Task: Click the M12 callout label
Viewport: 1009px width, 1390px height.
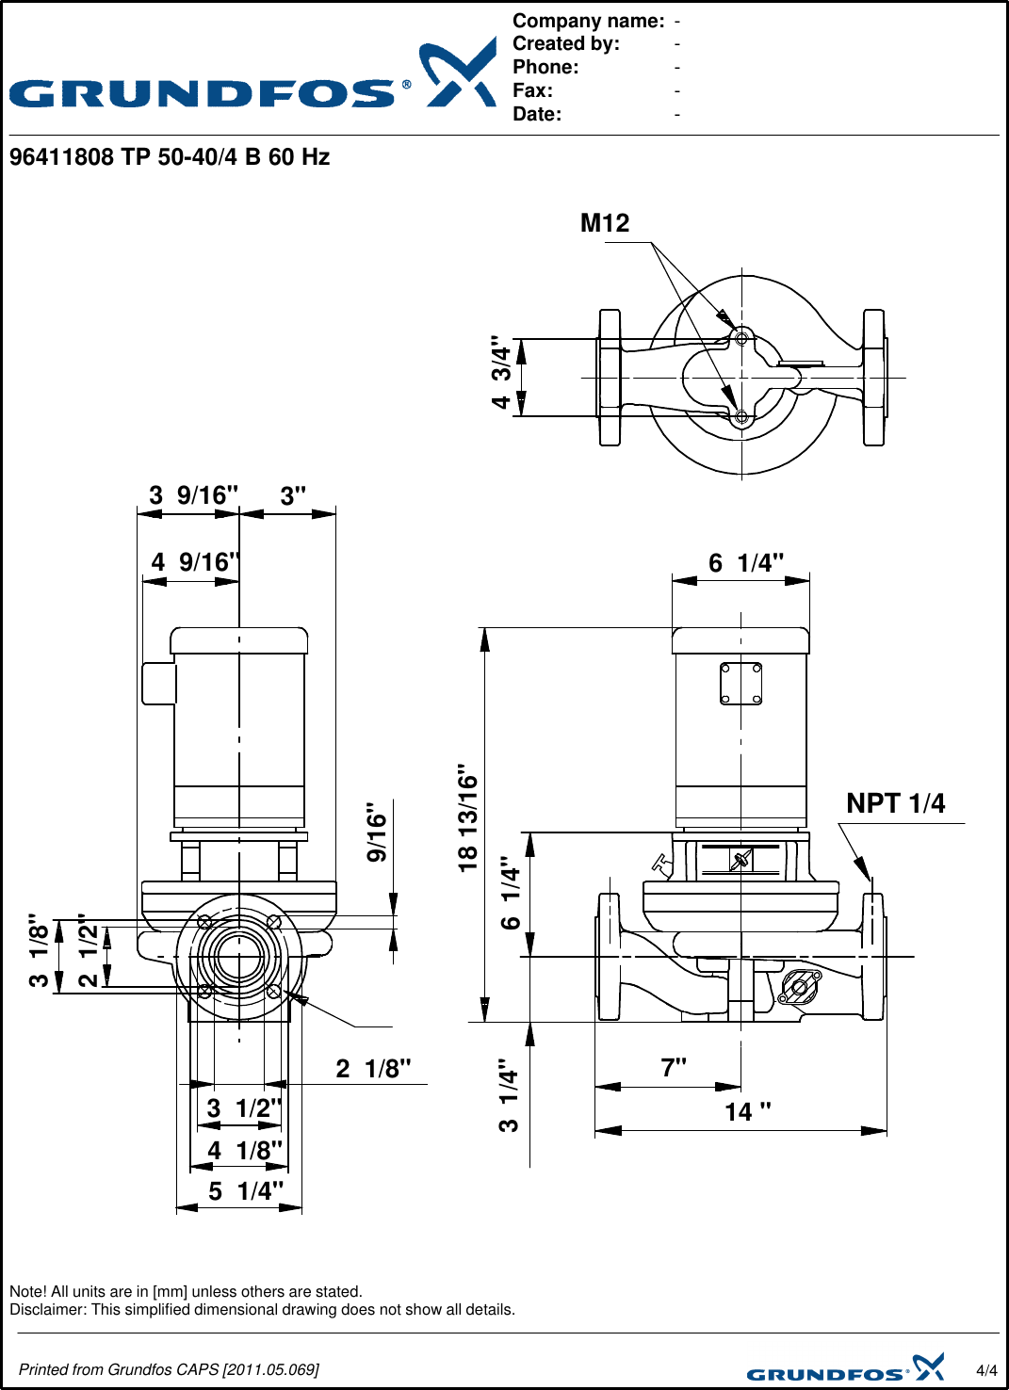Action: point(604,223)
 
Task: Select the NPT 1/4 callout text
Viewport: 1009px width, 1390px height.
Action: point(895,803)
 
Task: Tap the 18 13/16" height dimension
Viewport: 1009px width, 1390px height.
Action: point(468,817)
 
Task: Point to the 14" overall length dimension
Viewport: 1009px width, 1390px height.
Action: point(747,1112)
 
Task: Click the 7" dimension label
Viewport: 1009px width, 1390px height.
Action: point(674,1068)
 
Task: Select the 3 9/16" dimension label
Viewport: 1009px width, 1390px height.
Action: point(193,495)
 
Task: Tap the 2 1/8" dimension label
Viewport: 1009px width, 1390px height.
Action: point(374,1069)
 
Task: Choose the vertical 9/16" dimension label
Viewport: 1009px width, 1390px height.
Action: point(377,832)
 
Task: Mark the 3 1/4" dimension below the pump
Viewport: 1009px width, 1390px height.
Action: point(509,1094)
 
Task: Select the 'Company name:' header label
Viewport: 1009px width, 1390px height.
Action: point(588,21)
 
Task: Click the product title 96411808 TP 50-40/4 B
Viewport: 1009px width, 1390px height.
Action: point(170,157)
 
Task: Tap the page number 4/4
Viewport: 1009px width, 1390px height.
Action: point(986,1370)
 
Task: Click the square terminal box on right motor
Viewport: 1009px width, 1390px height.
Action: point(740,683)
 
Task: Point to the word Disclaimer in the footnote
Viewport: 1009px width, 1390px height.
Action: point(47,1310)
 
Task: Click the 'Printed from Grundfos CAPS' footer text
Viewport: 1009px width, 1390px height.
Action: point(169,1369)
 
